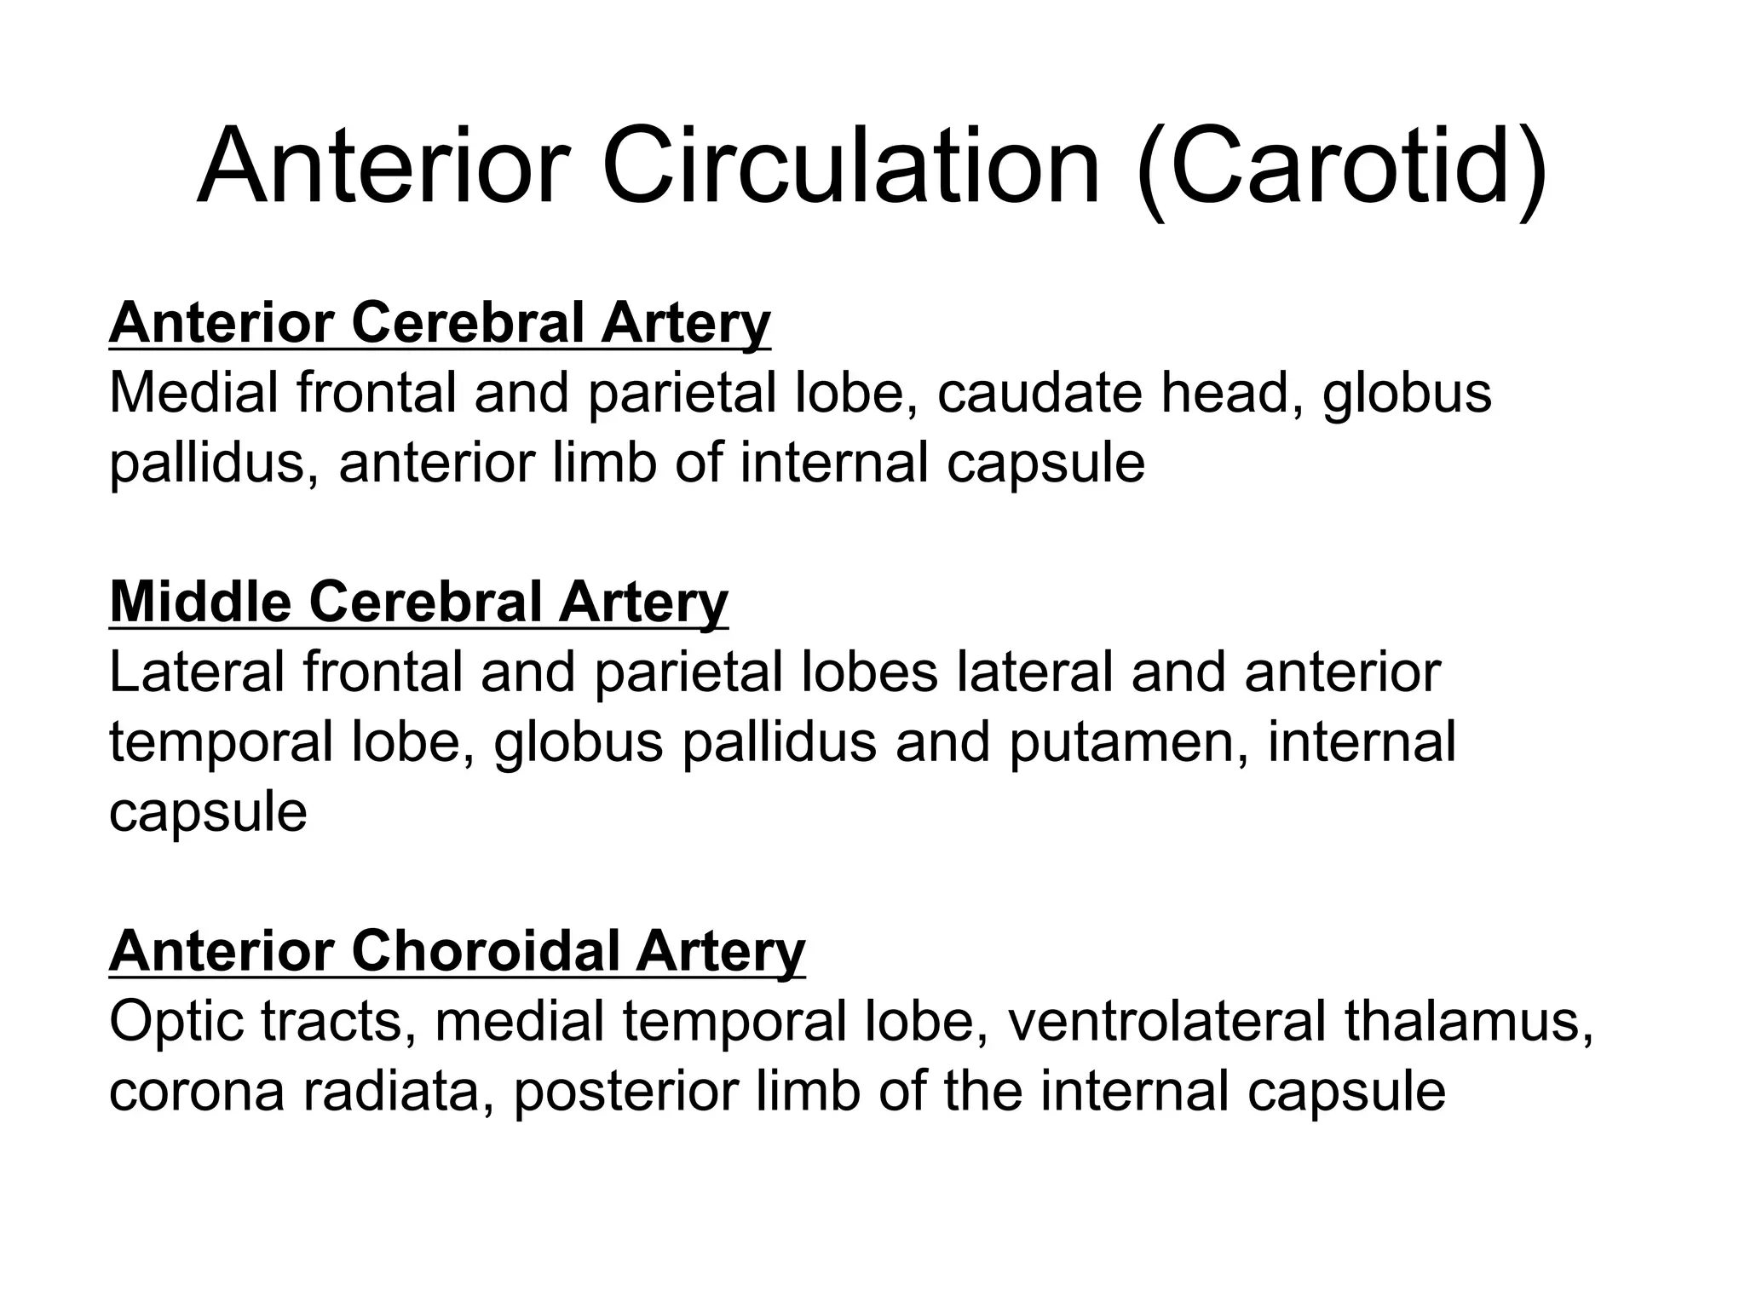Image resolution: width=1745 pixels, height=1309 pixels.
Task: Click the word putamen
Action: (1127, 741)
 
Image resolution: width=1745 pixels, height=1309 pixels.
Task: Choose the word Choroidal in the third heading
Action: (484, 951)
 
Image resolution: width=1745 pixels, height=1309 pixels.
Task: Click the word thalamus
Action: (1469, 1021)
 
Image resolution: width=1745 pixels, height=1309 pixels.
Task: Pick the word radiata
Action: (399, 1092)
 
